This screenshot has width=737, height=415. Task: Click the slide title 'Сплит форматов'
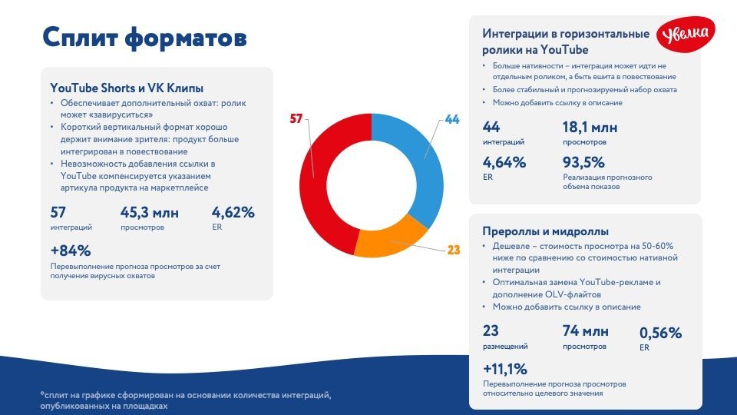tap(144, 37)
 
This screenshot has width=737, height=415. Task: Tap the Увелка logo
tap(686, 35)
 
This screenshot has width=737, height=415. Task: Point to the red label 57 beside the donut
tap(297, 119)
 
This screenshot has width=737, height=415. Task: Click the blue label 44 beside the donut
tap(451, 120)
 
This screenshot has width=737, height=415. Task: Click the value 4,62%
tap(233, 212)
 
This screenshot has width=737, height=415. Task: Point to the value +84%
tap(71, 251)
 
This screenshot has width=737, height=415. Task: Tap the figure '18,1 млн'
tap(590, 128)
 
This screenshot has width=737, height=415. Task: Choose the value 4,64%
tap(504, 162)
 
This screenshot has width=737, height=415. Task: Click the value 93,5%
tap(583, 162)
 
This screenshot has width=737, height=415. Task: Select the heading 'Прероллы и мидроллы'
tap(545, 231)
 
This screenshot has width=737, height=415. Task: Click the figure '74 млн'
tap(585, 331)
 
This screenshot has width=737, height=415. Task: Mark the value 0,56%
tap(660, 333)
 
